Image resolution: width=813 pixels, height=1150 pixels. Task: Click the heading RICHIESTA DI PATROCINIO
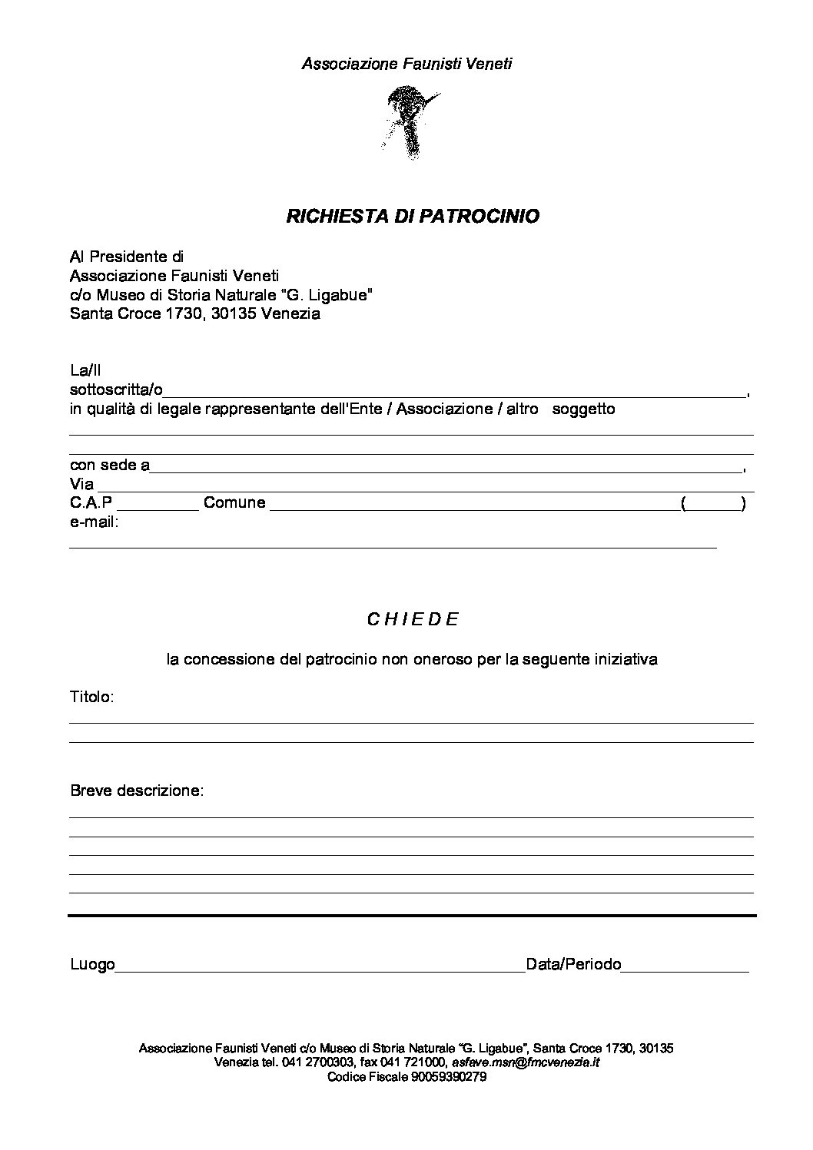point(413,217)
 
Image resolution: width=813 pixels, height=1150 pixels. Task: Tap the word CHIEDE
point(413,619)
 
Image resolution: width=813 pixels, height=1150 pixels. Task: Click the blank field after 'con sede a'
point(446,466)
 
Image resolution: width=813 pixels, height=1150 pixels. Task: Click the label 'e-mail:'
point(94,522)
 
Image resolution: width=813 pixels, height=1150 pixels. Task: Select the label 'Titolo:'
point(91,697)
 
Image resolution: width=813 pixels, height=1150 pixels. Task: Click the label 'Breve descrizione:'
point(137,790)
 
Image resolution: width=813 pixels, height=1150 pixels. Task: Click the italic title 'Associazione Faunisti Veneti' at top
point(406,64)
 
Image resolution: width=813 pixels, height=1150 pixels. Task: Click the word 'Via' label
point(81,484)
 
